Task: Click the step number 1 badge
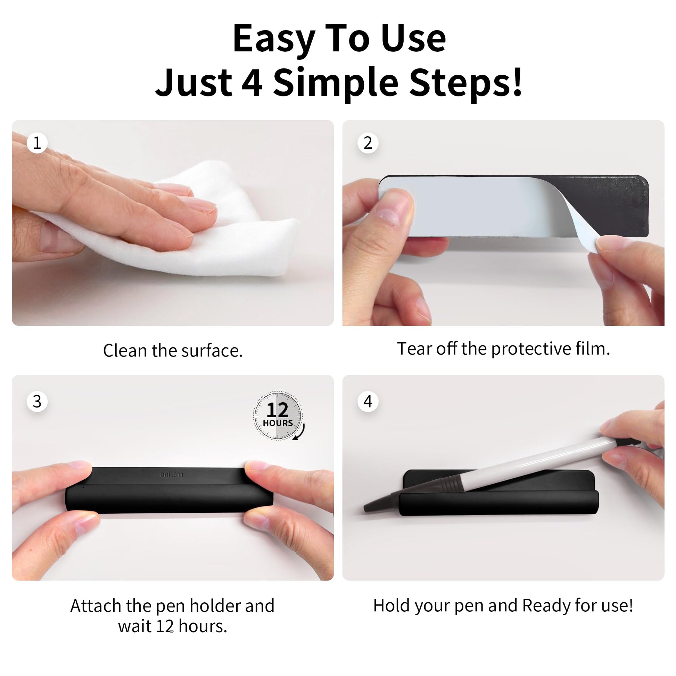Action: pos(37,143)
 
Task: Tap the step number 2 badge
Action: pos(368,143)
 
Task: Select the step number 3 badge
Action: pos(37,401)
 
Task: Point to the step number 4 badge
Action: pos(368,401)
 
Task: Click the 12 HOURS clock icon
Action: pos(279,416)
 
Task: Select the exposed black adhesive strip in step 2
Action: pos(605,205)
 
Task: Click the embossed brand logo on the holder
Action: pos(172,475)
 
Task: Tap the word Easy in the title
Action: pos(274,39)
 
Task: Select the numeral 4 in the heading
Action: pos(252,83)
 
